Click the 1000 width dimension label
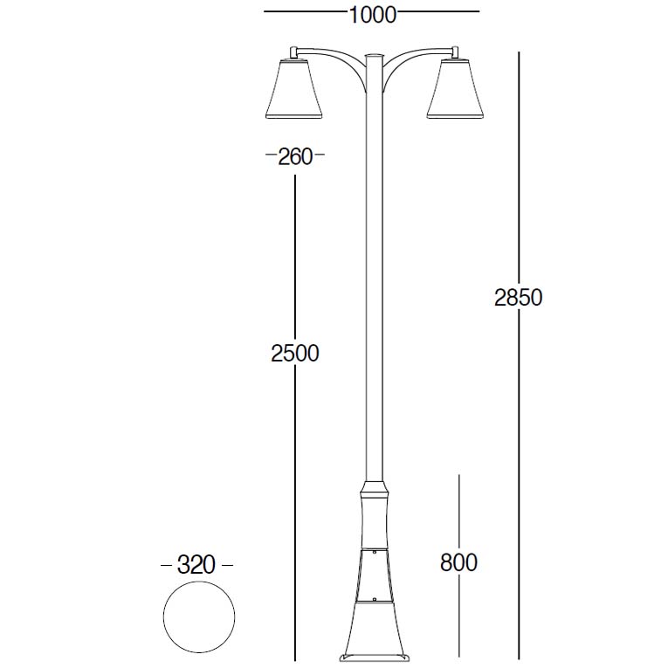click(x=373, y=15)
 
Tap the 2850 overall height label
click(x=518, y=298)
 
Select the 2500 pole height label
click(x=295, y=353)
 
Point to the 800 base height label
click(x=458, y=562)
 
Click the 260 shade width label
click(x=295, y=157)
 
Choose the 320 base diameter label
click(x=196, y=565)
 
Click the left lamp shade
click(x=293, y=88)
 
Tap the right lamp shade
click(x=456, y=88)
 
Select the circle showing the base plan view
click(x=163, y=616)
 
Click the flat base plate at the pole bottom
click(x=374, y=658)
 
